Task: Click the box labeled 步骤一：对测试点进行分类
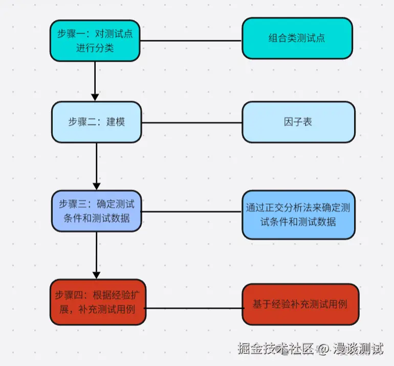95,41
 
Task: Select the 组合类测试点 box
297,38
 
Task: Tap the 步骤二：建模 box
96,122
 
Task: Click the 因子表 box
298,122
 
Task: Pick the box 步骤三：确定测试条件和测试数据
96,211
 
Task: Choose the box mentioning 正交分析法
298,215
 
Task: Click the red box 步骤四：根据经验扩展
98,302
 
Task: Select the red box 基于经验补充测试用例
300,304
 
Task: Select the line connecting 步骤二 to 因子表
191,123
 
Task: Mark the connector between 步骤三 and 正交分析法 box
191,211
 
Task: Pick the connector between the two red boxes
194,308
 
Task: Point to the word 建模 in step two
116,122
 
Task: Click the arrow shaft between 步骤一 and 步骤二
95,77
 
